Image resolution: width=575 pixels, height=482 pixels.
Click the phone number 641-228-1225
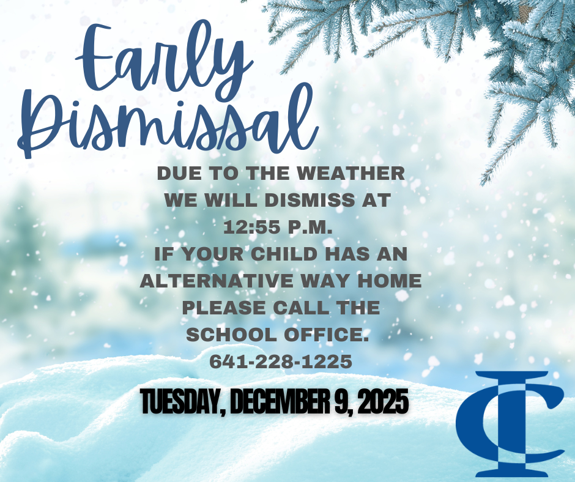[281, 362]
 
